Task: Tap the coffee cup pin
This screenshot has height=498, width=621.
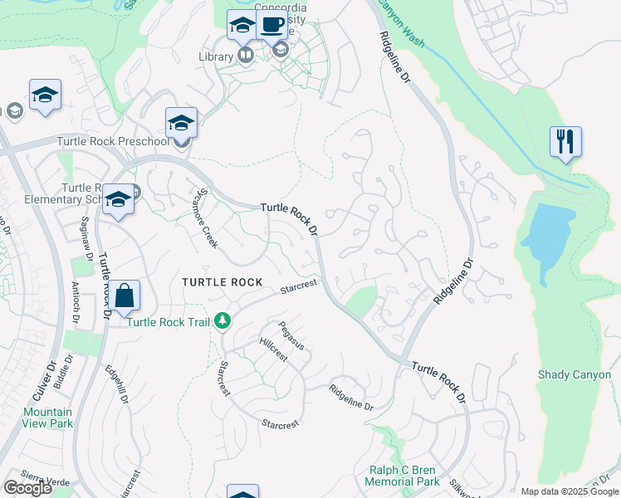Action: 271,25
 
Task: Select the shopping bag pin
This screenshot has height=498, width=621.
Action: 124,295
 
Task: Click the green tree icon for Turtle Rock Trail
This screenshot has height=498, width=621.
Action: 222,320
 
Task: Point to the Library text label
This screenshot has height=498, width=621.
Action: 216,56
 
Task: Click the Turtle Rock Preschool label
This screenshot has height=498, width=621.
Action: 112,141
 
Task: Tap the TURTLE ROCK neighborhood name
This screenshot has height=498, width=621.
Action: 215,282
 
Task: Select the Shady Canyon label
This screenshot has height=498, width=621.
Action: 575,375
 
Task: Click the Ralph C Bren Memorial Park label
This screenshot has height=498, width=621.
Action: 403,476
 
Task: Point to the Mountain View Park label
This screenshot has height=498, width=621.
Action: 47,417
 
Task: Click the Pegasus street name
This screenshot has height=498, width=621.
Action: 291,334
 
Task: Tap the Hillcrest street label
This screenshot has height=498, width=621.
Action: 272,348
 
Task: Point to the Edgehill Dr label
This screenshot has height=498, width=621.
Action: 116,385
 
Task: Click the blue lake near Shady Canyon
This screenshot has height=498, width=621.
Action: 547,237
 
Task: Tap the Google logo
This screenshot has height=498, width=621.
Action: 28,488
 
